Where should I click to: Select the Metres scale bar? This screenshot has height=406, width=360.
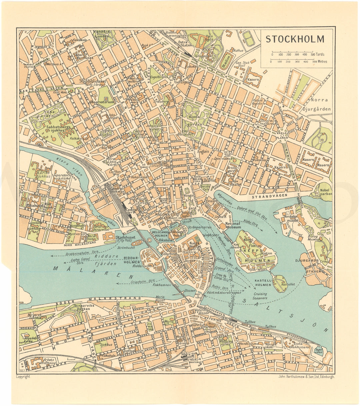(293, 62)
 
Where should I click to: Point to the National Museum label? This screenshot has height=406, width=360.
(233, 225)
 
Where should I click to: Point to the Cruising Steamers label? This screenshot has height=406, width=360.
(260, 296)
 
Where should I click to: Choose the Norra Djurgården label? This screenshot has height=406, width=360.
(320, 104)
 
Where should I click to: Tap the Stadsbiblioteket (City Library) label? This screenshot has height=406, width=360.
(92, 83)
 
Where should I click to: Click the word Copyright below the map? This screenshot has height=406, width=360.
(23, 377)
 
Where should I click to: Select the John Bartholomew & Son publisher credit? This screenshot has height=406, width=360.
(306, 377)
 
